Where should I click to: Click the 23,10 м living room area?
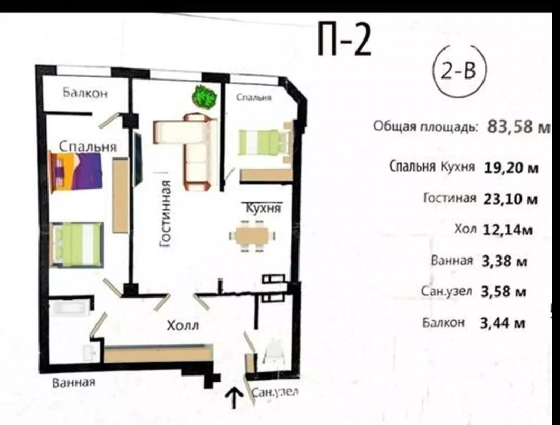point(510,199)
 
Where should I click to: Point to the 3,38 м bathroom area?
point(504,261)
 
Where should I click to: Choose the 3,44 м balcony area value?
point(503,323)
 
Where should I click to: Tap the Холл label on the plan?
point(183,325)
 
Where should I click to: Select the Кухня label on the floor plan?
point(264,208)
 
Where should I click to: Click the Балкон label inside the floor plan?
point(85,93)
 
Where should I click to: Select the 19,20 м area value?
point(511,168)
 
